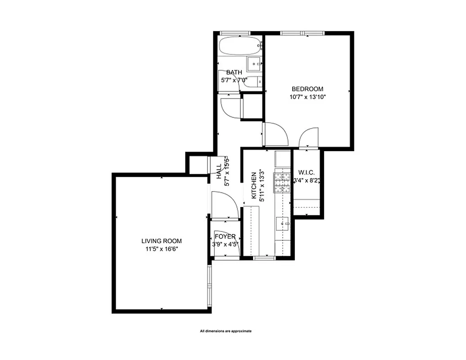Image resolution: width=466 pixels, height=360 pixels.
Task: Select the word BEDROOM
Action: pos(307,89)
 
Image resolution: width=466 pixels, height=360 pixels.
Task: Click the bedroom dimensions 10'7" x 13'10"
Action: pos(307,97)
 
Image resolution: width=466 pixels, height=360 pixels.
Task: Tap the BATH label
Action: pos(234,72)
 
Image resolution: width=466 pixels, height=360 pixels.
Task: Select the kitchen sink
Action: pos(283,223)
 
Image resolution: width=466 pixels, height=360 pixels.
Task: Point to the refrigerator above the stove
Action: pos(283,159)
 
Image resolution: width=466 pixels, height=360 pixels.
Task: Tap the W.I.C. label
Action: pos(306,173)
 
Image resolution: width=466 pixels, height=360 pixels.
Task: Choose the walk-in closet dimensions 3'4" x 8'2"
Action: pos(306,181)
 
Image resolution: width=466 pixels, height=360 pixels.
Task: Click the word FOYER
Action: pos(225,237)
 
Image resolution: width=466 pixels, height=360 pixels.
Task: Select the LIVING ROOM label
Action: pos(162,241)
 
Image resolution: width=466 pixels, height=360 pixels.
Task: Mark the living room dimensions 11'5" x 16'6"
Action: pos(162,249)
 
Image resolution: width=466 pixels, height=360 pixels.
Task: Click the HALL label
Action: pos(219,171)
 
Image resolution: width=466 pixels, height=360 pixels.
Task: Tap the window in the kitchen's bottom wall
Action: pos(264,258)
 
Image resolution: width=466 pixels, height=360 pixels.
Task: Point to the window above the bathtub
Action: pos(235,33)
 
